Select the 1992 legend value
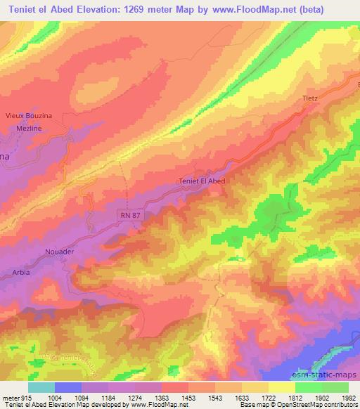pos(349,397)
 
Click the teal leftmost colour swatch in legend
pos(41,387)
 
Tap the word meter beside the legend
pos(11,397)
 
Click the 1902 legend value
pos(321,397)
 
